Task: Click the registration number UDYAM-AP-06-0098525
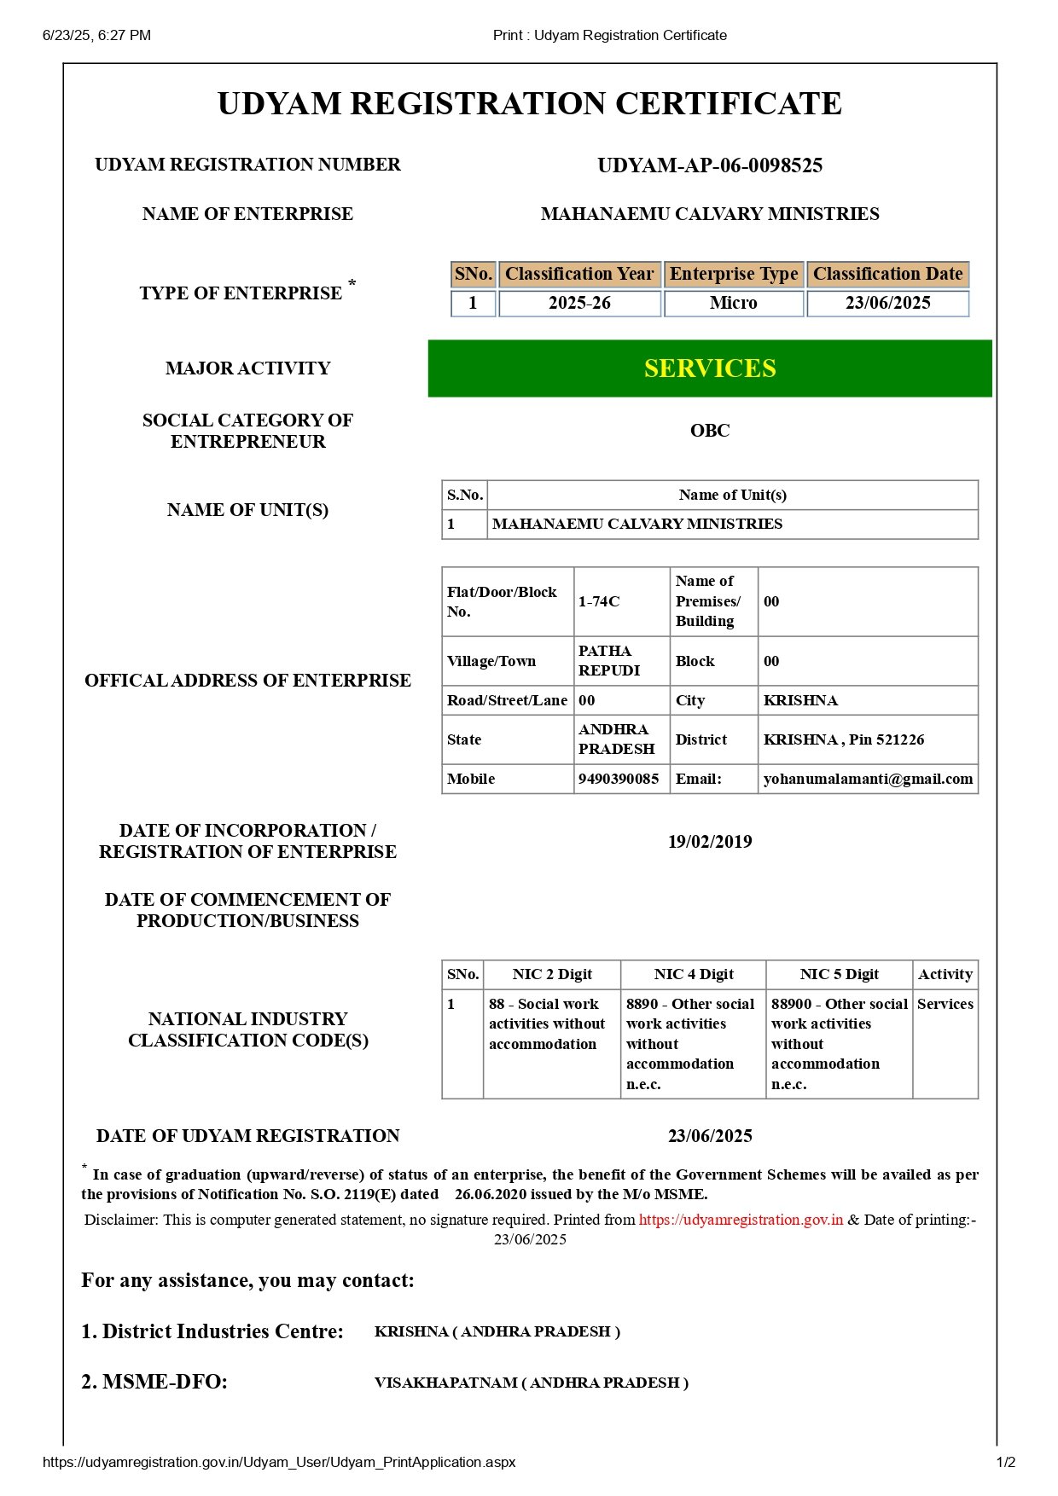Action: pyautogui.click(x=710, y=165)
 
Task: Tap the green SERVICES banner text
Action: pyautogui.click(x=710, y=368)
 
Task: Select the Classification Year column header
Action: pyautogui.click(x=579, y=274)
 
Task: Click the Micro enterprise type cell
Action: pyautogui.click(x=733, y=303)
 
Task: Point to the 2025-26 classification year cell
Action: pyautogui.click(x=579, y=303)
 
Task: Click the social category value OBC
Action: pyautogui.click(x=710, y=431)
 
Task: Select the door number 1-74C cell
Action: pyautogui.click(x=599, y=601)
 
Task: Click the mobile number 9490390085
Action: pyautogui.click(x=619, y=779)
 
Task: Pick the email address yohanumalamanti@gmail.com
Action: pyautogui.click(x=868, y=779)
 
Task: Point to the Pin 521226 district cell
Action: pyautogui.click(x=844, y=739)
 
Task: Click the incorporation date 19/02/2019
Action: pyautogui.click(x=710, y=842)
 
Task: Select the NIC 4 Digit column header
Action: pyautogui.click(x=694, y=974)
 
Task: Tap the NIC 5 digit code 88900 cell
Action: pyautogui.click(x=839, y=1043)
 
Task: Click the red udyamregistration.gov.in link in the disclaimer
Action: pyautogui.click(x=741, y=1220)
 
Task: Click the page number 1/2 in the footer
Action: pyautogui.click(x=1006, y=1462)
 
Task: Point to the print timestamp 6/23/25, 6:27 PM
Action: pyautogui.click(x=96, y=35)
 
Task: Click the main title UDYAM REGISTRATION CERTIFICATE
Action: pyautogui.click(x=529, y=104)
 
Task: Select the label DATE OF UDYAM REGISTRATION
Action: pyautogui.click(x=247, y=1136)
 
